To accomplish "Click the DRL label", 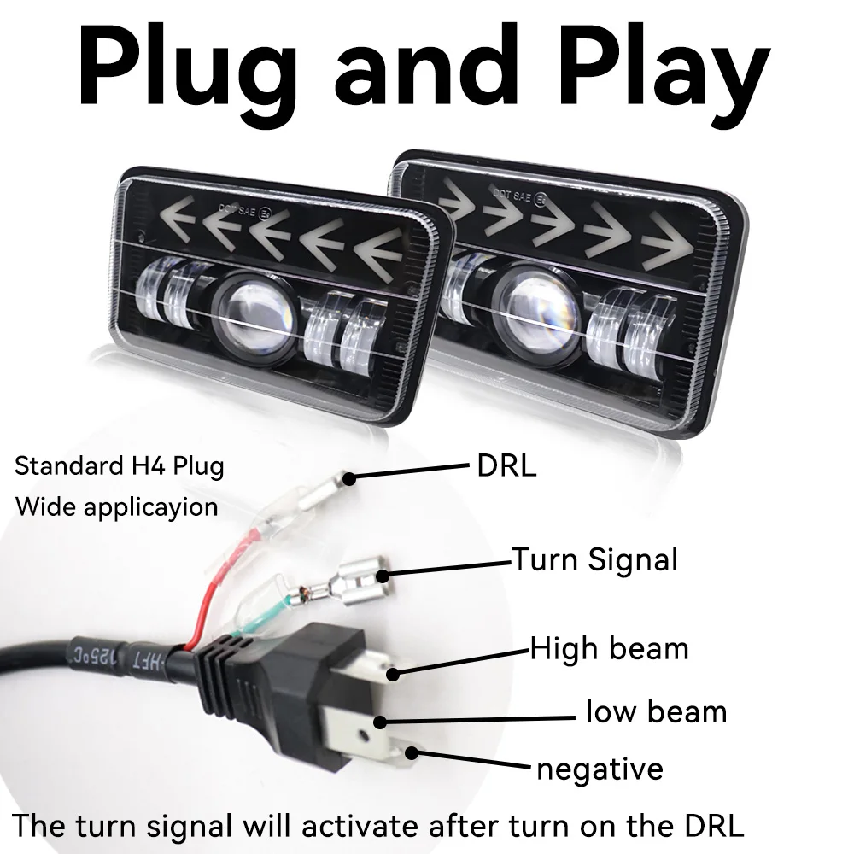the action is point(506,466).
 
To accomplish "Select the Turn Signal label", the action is point(594,560).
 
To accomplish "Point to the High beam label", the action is point(609,649).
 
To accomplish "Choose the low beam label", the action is point(656,711).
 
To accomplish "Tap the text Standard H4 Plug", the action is point(120,467).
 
